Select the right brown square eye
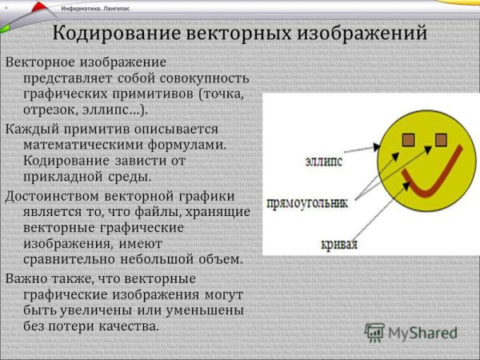point(439,141)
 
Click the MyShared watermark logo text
point(420,332)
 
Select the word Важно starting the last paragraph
point(27,278)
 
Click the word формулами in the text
point(192,145)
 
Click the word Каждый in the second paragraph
point(30,129)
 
